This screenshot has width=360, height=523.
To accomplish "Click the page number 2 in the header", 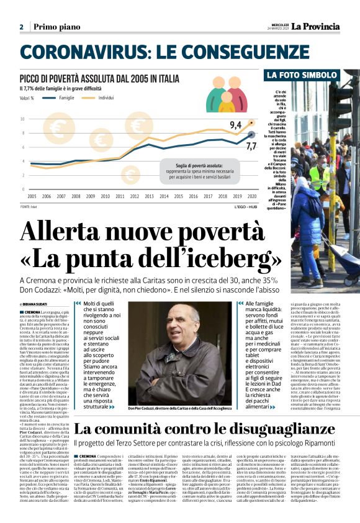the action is (x=21, y=27).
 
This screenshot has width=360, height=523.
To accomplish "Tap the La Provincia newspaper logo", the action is (x=316, y=27).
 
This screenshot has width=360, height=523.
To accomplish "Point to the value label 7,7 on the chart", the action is (x=251, y=145).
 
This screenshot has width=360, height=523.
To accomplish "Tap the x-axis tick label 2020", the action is (x=251, y=196).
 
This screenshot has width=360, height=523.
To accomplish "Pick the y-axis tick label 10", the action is (x=23, y=119).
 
